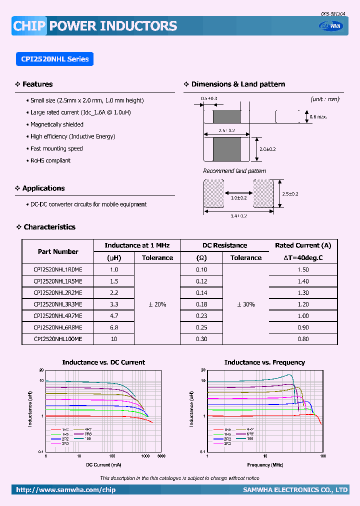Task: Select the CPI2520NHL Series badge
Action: pyautogui.click(x=55, y=59)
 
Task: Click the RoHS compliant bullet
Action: pyautogui.click(x=50, y=160)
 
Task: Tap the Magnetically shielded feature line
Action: pyautogui.click(x=56, y=124)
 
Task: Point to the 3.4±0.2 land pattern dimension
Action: pyautogui.click(x=239, y=215)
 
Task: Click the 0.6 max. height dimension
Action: pyautogui.click(x=318, y=116)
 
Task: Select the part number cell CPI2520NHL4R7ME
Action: pyautogui.click(x=57, y=316)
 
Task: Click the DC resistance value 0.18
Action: pyautogui.click(x=201, y=304)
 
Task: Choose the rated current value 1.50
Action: pyautogui.click(x=303, y=269)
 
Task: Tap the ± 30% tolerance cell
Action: pyautogui.click(x=245, y=304)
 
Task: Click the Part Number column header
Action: pyautogui.click(x=58, y=251)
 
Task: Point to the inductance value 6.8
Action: pyautogui.click(x=114, y=327)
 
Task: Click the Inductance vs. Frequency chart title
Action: pyautogui.click(x=264, y=362)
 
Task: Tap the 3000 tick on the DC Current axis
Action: pyautogui.click(x=161, y=456)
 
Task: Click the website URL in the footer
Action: pyautogui.click(x=65, y=490)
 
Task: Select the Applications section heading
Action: pyautogui.click(x=43, y=188)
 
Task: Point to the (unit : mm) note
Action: pyautogui.click(x=324, y=99)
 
